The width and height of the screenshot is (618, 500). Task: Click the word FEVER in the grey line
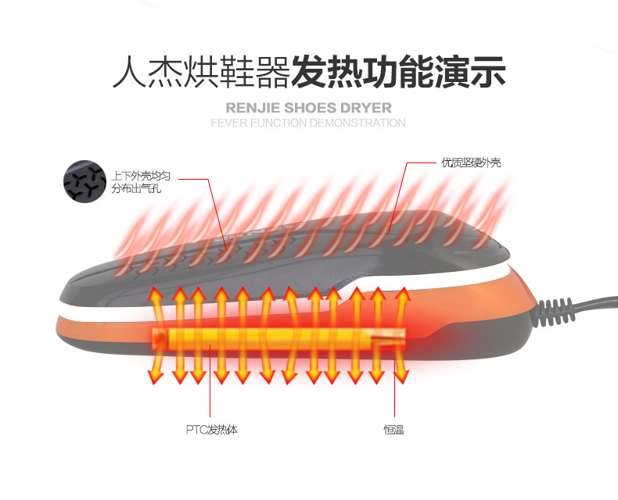click(229, 123)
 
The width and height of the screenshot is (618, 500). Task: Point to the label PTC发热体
click(211, 430)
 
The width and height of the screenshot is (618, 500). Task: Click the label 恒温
click(393, 430)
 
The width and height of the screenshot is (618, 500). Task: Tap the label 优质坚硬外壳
click(471, 162)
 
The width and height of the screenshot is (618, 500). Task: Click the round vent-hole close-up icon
click(84, 181)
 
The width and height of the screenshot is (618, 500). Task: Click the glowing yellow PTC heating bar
click(278, 337)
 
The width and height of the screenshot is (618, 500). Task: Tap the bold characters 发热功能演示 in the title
click(398, 72)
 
